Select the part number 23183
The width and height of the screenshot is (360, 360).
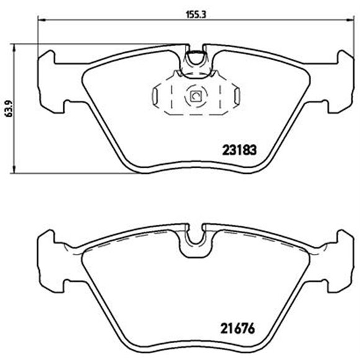(x=240, y=150)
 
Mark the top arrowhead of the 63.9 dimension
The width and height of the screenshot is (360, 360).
(x=12, y=47)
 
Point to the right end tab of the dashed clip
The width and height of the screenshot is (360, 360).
(x=233, y=96)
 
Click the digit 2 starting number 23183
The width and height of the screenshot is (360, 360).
(x=225, y=150)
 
